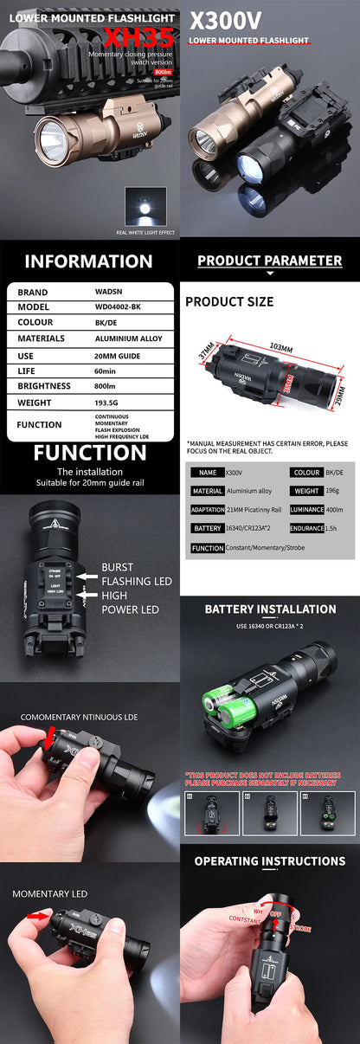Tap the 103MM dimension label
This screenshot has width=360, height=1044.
(x=280, y=346)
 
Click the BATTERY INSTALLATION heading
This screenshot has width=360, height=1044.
(x=270, y=609)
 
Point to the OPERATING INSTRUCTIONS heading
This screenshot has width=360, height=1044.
(x=270, y=861)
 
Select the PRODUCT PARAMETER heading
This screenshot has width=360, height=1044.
(x=269, y=261)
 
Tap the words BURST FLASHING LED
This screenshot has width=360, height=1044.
(x=137, y=574)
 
